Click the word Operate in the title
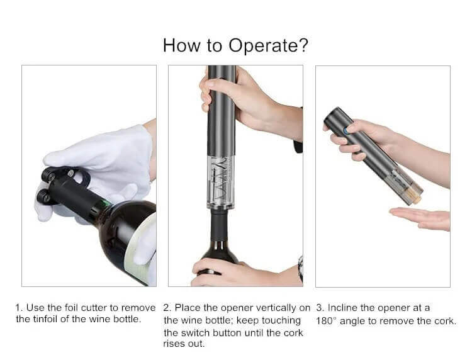pyautogui.click(x=268, y=46)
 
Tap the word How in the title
pyautogui.click(x=181, y=45)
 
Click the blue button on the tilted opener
pyautogui.click(x=347, y=131)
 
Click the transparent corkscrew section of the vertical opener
pyautogui.click(x=222, y=183)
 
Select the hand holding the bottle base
pyautogui.click(x=241, y=273)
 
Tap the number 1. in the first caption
pyautogui.click(x=20, y=308)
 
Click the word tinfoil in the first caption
pyautogui.click(x=45, y=319)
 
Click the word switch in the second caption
pyautogui.click(x=196, y=333)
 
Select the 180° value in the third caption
pyautogui.click(x=327, y=321)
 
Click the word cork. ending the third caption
pyautogui.click(x=446, y=321)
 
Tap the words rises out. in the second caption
pyautogui.click(x=184, y=344)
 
